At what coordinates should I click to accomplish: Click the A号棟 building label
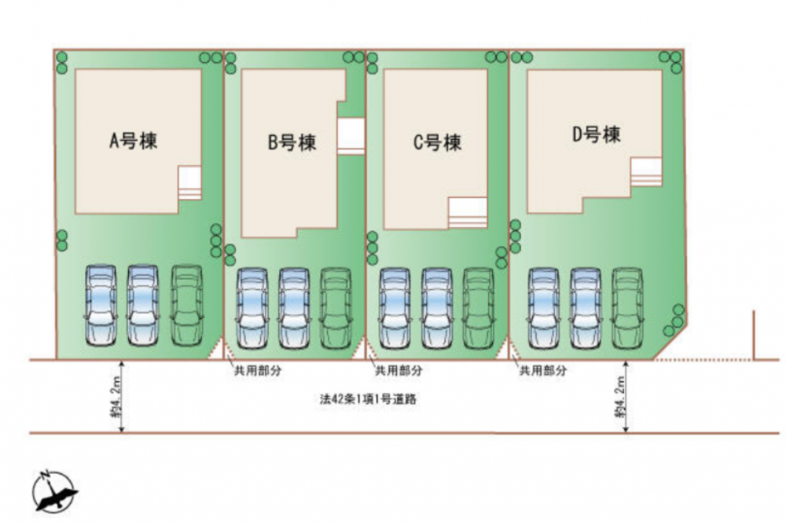pyautogui.click(x=134, y=141)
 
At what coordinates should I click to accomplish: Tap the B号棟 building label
pyautogui.click(x=292, y=142)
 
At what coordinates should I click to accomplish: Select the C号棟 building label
pyautogui.click(x=437, y=142)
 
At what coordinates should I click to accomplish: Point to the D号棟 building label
pyautogui.click(x=597, y=134)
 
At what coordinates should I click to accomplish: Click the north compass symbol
pyautogui.click(x=53, y=491)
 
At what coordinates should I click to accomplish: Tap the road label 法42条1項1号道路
pyautogui.click(x=369, y=399)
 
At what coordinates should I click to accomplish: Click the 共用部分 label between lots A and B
pyautogui.click(x=258, y=370)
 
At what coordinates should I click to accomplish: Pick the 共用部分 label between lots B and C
pyautogui.click(x=399, y=370)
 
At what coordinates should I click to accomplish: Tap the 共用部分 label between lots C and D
pyautogui.click(x=543, y=370)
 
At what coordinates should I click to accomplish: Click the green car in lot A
pyautogui.click(x=187, y=305)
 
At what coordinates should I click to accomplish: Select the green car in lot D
pyautogui.click(x=627, y=308)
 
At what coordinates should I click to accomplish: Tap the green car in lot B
pyautogui.click(x=336, y=308)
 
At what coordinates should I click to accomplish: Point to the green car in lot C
pyautogui.click(x=478, y=308)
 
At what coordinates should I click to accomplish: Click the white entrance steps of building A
pyautogui.click(x=190, y=183)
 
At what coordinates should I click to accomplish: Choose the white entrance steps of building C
pyautogui.click(x=468, y=213)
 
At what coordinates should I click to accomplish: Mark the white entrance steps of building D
pyautogui.click(x=646, y=171)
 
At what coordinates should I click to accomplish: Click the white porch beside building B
pyautogui.click(x=351, y=136)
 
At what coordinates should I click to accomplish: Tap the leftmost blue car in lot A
pyautogui.click(x=101, y=305)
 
